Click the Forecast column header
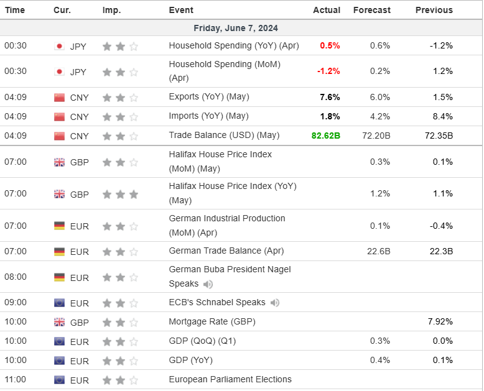(371, 10)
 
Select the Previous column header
(434, 10)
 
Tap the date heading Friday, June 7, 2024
(236, 28)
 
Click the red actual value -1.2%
(328, 71)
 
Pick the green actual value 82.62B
(325, 135)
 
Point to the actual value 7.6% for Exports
(330, 97)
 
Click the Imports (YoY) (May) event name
(208, 116)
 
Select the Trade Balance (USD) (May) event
(224, 135)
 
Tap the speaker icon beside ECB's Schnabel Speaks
(274, 303)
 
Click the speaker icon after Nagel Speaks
(208, 284)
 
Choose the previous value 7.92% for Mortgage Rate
(440, 322)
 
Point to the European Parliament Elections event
(230, 379)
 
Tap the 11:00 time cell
(16, 380)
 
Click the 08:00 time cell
(16, 277)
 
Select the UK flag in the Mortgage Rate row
(60, 322)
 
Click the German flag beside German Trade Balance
(60, 251)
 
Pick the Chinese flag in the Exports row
(60, 97)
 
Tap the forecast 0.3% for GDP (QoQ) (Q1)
(379, 341)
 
